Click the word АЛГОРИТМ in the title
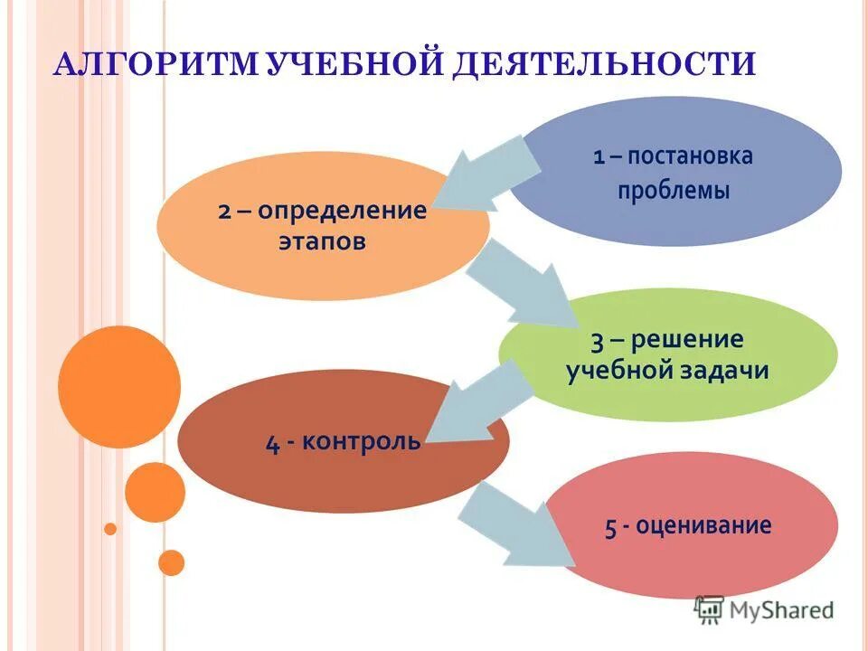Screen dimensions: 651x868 [x=159, y=65]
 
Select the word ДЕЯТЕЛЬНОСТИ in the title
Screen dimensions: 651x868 [x=603, y=65]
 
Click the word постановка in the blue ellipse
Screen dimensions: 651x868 [x=690, y=156]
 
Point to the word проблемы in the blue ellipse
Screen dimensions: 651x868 [x=674, y=191]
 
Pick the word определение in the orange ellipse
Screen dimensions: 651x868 [x=342, y=211]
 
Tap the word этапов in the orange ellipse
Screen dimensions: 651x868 [x=323, y=244]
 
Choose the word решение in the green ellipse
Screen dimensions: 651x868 [x=687, y=340]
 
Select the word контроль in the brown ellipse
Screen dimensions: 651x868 [x=361, y=442]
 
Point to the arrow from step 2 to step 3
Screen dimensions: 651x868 [x=520, y=285]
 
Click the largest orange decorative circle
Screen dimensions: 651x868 [x=119, y=387]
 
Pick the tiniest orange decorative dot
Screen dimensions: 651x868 [x=110, y=528]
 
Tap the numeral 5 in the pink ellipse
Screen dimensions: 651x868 [x=611, y=528]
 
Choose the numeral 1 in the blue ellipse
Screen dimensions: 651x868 [x=599, y=157]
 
